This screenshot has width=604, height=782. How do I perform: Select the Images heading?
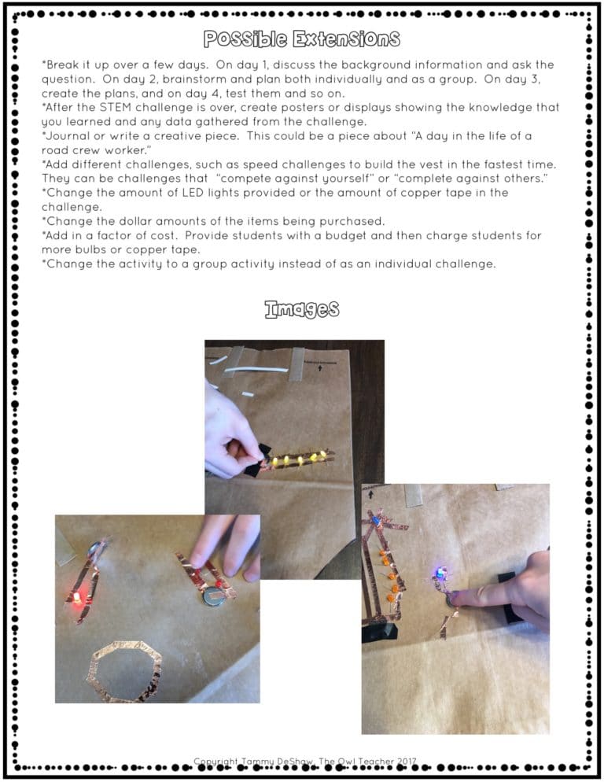[302, 309]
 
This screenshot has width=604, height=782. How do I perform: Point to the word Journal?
[66, 136]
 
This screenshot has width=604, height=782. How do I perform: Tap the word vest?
[442, 164]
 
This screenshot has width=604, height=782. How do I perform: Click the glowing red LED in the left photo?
[77, 599]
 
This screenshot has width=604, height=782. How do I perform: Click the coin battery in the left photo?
[213, 597]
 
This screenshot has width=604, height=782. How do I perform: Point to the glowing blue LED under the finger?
[440, 573]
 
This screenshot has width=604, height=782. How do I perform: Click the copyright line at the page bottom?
[305, 762]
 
